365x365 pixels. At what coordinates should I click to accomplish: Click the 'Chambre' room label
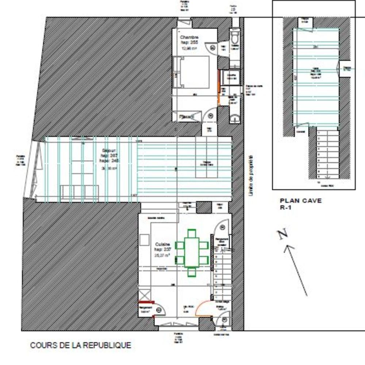(x=189, y=37)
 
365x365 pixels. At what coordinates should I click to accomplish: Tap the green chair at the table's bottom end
(x=192, y=272)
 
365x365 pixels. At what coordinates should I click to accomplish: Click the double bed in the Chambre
(x=193, y=72)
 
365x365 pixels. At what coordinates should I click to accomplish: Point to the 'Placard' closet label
(x=187, y=117)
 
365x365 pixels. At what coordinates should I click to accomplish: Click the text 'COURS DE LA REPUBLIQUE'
(x=80, y=345)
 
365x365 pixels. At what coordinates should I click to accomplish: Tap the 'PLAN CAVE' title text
(x=301, y=201)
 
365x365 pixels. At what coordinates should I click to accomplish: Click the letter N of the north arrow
(x=282, y=235)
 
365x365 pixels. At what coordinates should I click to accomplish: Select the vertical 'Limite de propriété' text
(x=251, y=175)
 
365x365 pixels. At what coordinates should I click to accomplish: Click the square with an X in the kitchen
(x=144, y=294)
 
